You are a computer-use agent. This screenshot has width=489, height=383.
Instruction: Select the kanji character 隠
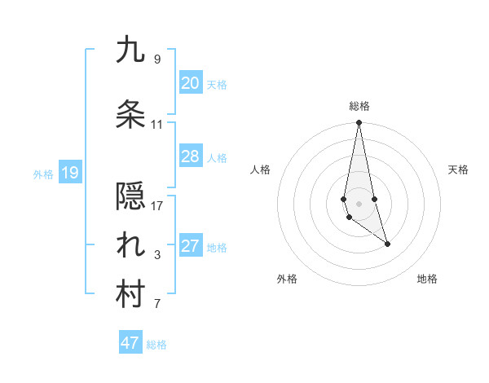tap(130, 196)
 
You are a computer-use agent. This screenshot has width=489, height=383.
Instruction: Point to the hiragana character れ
tap(130, 247)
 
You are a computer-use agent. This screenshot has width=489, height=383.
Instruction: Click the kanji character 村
tap(130, 295)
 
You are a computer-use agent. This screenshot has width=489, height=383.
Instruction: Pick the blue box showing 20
tap(190, 83)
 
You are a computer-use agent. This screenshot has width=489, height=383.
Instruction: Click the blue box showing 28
tap(190, 156)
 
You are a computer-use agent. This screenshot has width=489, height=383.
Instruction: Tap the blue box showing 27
tap(190, 246)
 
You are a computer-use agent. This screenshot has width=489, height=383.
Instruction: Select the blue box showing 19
tap(69, 173)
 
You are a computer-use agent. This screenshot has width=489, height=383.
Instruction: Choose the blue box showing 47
tap(130, 343)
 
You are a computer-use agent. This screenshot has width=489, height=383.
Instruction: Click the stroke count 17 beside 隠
tap(157, 205)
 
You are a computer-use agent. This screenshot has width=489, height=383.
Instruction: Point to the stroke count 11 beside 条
tap(157, 125)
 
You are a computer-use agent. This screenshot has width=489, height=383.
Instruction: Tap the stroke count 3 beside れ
tap(157, 255)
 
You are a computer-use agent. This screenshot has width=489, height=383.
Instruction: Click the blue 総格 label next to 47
tap(156, 345)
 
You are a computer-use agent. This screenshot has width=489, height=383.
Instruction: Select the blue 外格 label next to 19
tap(43, 174)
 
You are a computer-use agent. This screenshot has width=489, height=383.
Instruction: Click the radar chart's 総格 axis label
tap(359, 106)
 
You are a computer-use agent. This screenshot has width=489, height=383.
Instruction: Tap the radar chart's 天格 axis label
tap(459, 169)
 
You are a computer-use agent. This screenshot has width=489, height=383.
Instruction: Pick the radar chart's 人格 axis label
tap(261, 169)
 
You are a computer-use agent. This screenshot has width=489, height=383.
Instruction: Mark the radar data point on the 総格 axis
tap(359, 123)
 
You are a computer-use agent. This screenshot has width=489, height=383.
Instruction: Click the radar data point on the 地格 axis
tap(387, 244)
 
